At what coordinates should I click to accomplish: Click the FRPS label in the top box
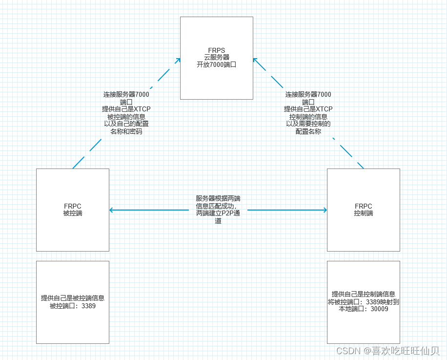coord(217,50)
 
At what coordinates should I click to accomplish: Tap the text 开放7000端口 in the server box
coord(217,64)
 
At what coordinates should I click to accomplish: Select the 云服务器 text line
coord(217,57)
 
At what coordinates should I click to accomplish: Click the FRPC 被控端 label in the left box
coord(73,210)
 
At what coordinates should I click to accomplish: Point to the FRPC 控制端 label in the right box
coord(364,210)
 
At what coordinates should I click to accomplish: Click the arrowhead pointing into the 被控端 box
coord(112,210)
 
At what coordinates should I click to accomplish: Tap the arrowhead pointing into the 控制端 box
coord(324,210)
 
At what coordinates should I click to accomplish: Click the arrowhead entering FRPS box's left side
coord(178,60)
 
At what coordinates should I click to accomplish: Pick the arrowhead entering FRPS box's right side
coord(255,60)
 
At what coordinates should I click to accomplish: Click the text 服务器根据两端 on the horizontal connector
coord(218,198)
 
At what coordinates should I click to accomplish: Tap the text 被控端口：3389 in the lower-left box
coord(73,306)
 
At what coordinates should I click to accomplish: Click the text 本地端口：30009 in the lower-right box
coord(364,309)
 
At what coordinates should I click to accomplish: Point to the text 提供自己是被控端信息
coord(73,298)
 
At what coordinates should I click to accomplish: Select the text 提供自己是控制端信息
coord(364,294)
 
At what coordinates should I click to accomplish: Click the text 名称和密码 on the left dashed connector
coord(126,131)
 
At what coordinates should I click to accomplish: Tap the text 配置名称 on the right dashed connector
coord(308,131)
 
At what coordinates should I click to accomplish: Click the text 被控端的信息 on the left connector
coord(126,116)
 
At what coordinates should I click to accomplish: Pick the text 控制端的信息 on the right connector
coord(308,116)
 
